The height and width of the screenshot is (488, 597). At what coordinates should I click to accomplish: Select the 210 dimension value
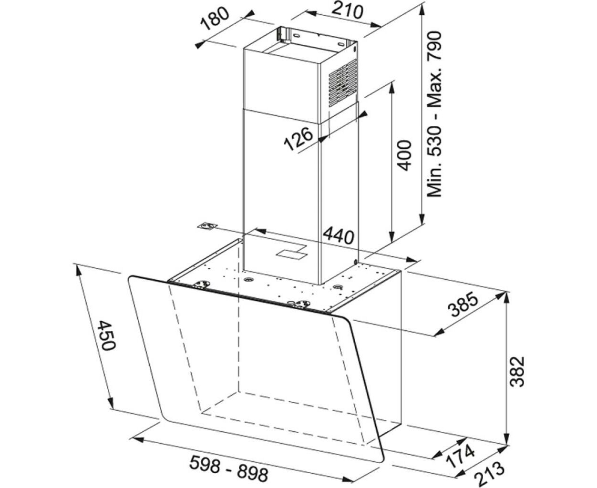coord(347,11)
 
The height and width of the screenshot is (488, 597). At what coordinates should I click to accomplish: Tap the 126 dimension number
coord(299,139)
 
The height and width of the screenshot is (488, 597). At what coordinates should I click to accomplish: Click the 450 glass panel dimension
coord(106,335)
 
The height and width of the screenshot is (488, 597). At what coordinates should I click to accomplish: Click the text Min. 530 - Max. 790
coord(434,114)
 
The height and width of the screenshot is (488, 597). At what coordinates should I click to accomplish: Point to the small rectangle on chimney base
coord(292,252)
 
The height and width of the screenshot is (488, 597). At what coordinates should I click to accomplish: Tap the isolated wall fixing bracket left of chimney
coord(208,226)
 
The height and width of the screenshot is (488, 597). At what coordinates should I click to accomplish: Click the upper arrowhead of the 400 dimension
coord(392,88)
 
